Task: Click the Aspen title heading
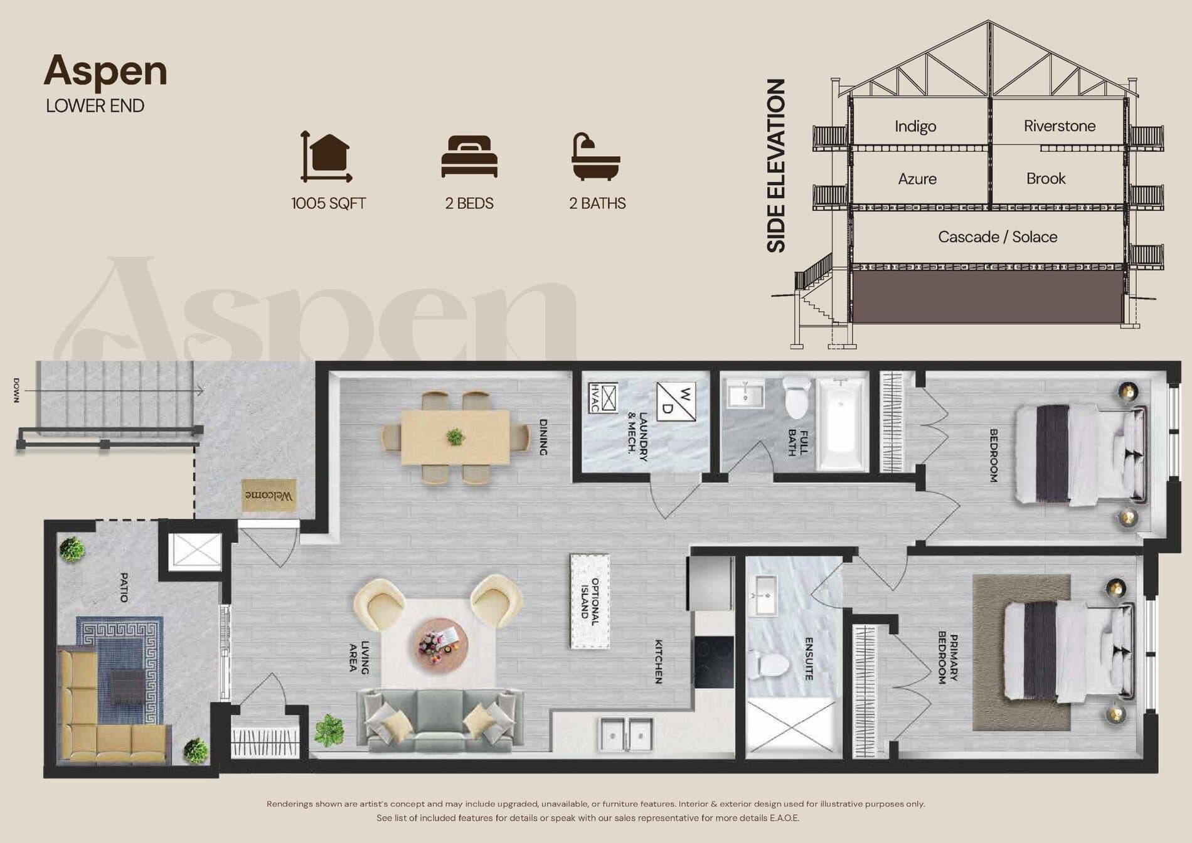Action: (105, 71)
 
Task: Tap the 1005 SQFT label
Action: (328, 203)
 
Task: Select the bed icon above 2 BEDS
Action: (469, 156)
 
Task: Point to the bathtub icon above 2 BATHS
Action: (595, 157)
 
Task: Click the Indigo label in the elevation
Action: (915, 126)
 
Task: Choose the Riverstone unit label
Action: (1059, 126)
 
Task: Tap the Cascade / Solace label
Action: (997, 236)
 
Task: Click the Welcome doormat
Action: (269, 496)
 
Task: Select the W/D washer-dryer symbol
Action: (676, 401)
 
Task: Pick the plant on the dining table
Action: (455, 437)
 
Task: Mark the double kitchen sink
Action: (627, 732)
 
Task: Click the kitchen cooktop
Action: (714, 662)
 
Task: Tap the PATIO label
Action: (124, 587)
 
